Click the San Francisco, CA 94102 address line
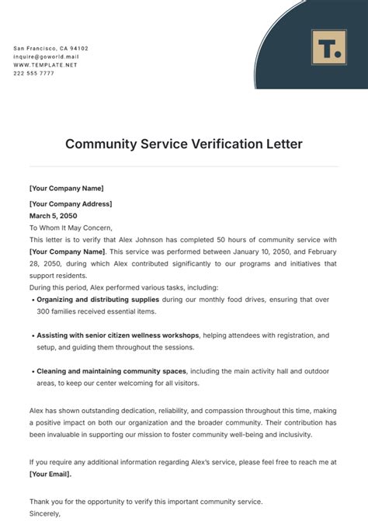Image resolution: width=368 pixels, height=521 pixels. (x=50, y=48)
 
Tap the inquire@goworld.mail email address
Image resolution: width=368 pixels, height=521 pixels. (x=47, y=57)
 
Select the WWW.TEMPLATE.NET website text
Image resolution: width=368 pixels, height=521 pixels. (x=46, y=64)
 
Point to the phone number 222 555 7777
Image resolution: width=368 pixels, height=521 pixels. (x=34, y=73)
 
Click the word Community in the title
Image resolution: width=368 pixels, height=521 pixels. (x=97, y=144)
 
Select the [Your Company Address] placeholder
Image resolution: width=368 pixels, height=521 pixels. (x=71, y=204)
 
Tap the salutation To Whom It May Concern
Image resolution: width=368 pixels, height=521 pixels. (x=71, y=228)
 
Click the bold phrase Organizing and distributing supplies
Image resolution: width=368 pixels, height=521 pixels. (x=98, y=299)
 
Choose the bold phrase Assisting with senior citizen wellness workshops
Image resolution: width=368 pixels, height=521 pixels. (x=118, y=335)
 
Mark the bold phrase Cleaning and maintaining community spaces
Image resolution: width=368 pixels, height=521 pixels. (x=112, y=371)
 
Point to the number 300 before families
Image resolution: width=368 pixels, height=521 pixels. (x=44, y=311)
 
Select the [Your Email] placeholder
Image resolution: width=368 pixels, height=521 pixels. (x=50, y=474)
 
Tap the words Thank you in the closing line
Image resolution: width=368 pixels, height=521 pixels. (x=46, y=502)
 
